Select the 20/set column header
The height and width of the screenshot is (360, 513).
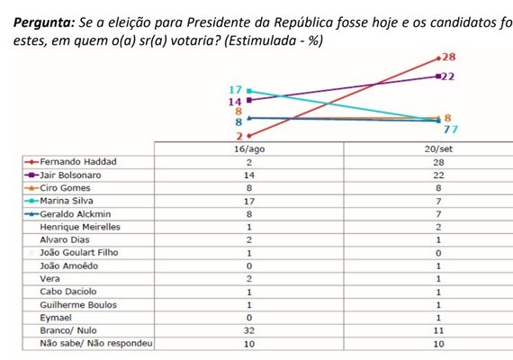pyautogui.click(x=435, y=148)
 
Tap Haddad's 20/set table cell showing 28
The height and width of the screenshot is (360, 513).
pyautogui.click(x=435, y=161)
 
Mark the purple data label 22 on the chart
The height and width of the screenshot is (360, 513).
pyautogui.click(x=447, y=76)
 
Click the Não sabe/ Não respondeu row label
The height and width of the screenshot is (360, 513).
pyautogui.click(x=90, y=344)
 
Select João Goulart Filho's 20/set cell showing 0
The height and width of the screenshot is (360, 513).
pyautogui.click(x=435, y=253)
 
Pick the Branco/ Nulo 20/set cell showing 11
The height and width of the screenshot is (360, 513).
pyautogui.click(x=435, y=330)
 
